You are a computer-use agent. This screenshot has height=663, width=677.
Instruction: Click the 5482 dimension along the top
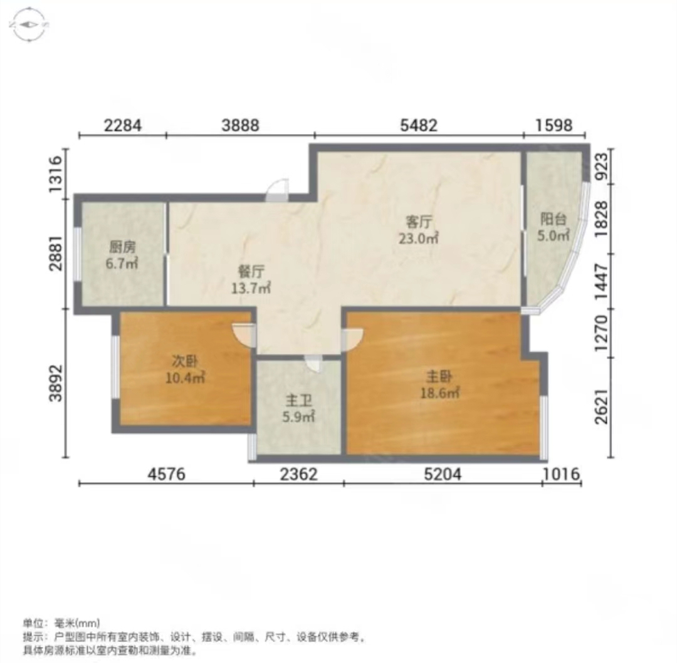tap(418, 125)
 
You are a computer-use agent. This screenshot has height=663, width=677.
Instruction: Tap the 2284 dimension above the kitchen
tap(123, 125)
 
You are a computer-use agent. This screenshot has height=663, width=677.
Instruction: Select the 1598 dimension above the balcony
tap(554, 125)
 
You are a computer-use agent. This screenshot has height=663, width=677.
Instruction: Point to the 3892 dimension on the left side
tap(56, 383)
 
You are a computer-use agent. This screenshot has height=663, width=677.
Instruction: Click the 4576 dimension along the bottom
tap(166, 474)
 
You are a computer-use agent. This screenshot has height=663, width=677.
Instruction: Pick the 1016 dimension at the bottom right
tap(561, 474)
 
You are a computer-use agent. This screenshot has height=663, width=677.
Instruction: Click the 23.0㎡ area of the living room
tap(418, 238)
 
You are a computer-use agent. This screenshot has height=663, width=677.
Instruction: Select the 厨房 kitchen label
tap(122, 247)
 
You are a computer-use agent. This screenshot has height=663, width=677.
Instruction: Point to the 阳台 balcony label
tap(553, 219)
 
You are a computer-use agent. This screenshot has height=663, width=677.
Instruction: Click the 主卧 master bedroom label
tap(439, 377)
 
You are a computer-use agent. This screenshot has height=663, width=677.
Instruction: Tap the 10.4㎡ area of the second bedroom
tap(185, 378)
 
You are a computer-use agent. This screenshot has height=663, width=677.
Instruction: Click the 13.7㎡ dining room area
tap(251, 287)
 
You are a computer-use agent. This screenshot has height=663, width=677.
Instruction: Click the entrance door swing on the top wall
tap(277, 190)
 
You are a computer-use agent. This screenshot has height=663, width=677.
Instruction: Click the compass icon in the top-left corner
tap(28, 25)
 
